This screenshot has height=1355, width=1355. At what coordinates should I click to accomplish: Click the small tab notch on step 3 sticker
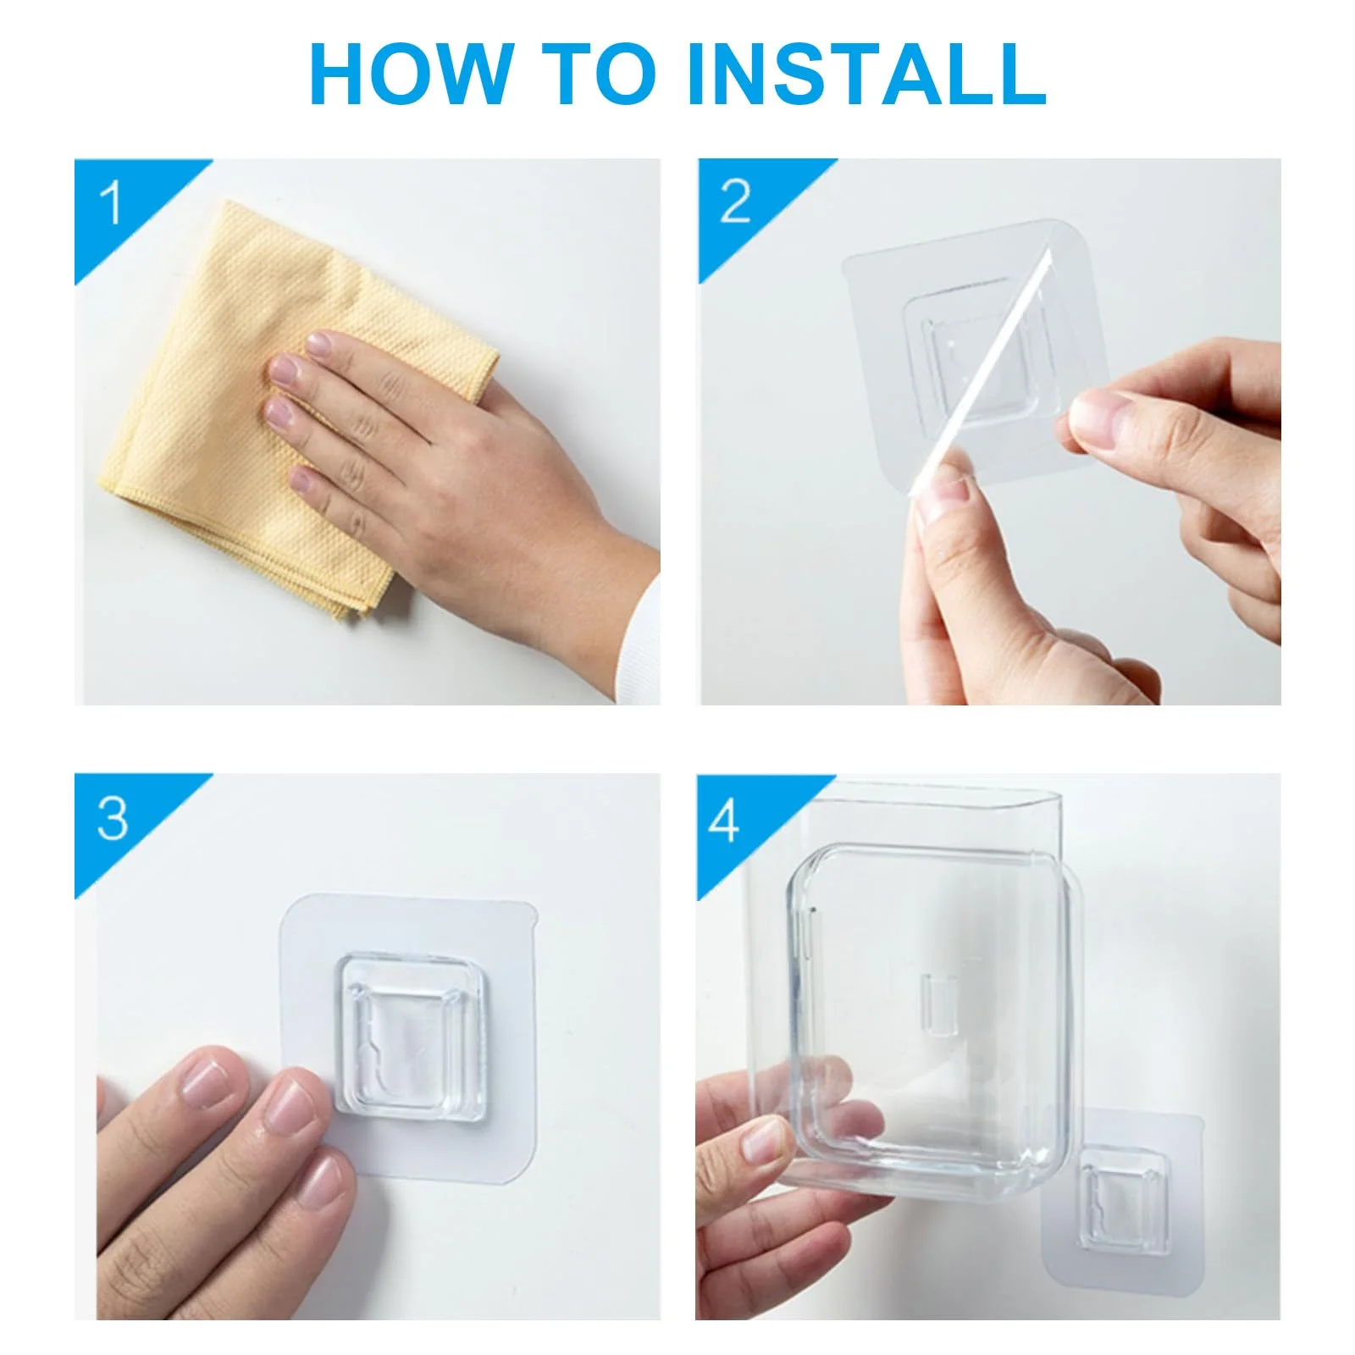tap(532, 916)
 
